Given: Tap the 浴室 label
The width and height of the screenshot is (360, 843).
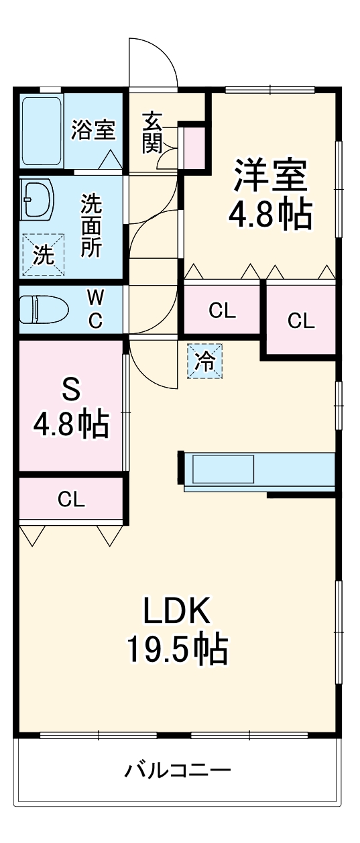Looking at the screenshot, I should [93, 129].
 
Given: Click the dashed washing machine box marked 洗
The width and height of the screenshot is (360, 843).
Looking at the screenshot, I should [43, 255].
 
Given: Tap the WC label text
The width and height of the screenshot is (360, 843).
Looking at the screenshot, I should [96, 309].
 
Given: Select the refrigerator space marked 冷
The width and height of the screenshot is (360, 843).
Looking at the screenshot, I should [204, 361].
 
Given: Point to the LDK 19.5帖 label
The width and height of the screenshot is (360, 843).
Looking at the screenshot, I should [177, 628].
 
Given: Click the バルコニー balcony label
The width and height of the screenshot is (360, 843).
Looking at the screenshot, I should [178, 770].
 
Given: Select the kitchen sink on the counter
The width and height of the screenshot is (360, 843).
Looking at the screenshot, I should [224, 469].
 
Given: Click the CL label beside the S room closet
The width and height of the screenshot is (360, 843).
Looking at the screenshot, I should [71, 499].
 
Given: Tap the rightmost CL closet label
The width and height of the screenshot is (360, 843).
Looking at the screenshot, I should [301, 321].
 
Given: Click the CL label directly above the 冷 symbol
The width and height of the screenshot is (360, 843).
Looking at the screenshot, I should [222, 311].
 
